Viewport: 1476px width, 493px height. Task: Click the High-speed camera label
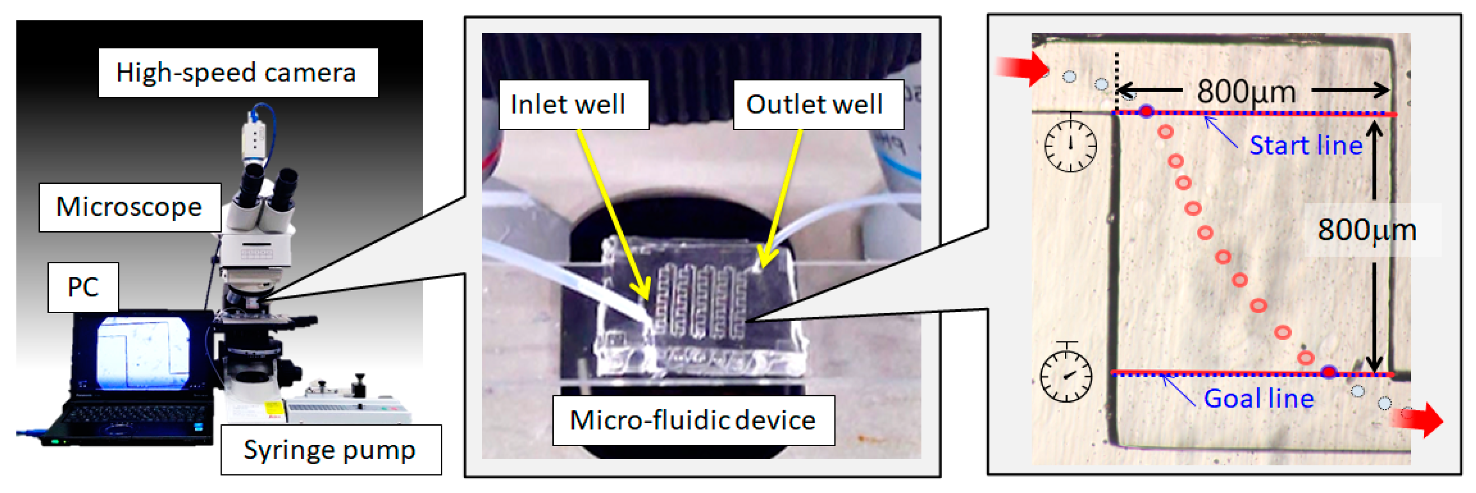pos(237,73)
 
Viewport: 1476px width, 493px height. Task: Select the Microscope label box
pos(129,207)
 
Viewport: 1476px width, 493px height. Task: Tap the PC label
pos(83,287)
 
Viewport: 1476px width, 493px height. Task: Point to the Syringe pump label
pos(330,450)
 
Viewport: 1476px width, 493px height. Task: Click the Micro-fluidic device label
pos(693,420)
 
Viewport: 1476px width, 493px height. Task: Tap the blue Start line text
pos(1306,146)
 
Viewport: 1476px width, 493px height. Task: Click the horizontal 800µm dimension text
pos(1246,91)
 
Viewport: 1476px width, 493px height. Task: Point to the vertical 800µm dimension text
pos(1367,230)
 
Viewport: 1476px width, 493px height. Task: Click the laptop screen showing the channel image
pos(143,351)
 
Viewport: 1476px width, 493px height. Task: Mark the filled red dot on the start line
pos(1146,111)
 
